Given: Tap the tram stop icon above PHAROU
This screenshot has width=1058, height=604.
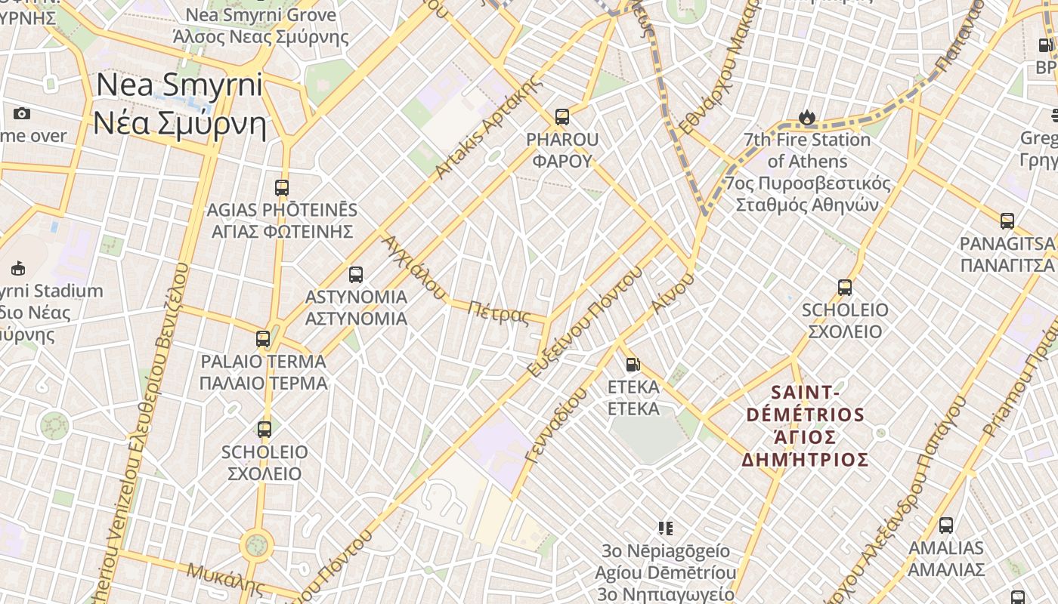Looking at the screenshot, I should click(x=561, y=116).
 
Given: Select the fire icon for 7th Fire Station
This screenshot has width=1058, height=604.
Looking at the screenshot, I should click(x=807, y=117).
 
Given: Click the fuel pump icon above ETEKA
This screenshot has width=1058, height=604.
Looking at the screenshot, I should click(x=633, y=365).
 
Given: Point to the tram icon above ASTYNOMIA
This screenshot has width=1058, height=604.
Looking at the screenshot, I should click(x=356, y=275).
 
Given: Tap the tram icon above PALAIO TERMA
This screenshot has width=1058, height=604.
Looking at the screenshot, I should click(x=263, y=339).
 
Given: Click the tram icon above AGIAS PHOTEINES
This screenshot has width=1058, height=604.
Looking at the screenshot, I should click(x=281, y=187).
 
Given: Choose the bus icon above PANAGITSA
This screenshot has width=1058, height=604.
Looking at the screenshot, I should click(x=1007, y=221).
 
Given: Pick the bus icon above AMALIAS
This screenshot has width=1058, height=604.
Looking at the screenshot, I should click(x=945, y=525).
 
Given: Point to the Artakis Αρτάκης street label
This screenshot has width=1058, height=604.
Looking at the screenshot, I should click(x=490, y=128).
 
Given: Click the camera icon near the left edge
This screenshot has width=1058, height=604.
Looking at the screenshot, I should click(x=22, y=114).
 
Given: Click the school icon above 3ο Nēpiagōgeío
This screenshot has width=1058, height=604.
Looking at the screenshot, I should click(x=665, y=528).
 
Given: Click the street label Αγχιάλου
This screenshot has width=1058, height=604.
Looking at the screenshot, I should click(x=414, y=267).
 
